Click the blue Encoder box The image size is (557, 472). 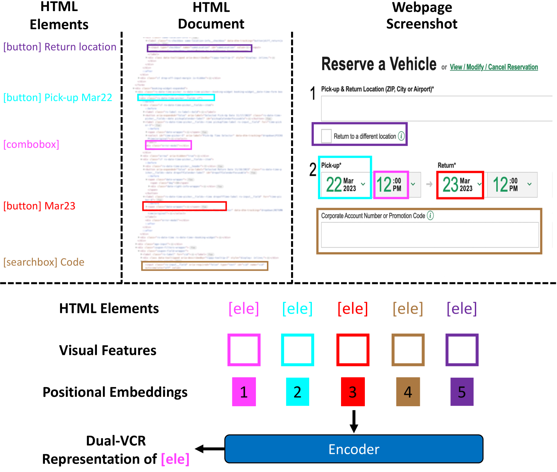354,449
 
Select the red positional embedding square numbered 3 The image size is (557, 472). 353,391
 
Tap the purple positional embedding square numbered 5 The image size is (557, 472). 462,391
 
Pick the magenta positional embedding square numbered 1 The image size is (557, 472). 244,391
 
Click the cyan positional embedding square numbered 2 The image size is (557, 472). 297,391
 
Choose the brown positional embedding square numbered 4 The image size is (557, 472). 408,391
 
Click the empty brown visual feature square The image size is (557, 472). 408,350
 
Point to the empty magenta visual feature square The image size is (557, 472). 244,350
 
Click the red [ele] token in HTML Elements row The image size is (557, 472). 353,308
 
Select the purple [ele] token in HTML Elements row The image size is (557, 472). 462,308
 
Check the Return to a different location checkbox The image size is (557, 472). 326,136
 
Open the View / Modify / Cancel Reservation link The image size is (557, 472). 494,67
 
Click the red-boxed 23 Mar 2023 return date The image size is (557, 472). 460,185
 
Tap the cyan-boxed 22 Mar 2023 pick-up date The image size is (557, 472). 345,185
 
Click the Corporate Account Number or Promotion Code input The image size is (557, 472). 430,235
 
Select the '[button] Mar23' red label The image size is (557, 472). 39,206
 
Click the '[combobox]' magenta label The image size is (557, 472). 31,144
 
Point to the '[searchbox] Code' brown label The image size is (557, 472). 44,262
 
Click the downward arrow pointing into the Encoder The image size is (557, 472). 354,421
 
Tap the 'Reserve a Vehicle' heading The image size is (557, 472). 379,64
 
